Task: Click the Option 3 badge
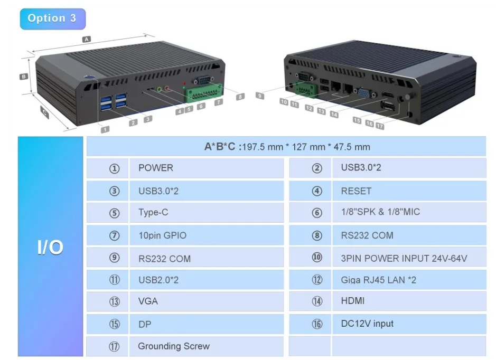(x=52, y=18)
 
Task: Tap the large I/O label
(x=51, y=247)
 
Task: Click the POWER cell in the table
(x=155, y=168)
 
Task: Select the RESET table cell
(x=356, y=191)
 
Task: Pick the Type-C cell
(x=153, y=213)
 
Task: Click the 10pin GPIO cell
(x=162, y=235)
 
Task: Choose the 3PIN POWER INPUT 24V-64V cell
(x=404, y=259)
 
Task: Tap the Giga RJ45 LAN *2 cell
(x=378, y=280)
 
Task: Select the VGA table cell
(x=148, y=301)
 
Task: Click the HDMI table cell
(x=353, y=301)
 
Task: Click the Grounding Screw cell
(x=174, y=346)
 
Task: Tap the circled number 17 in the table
(x=114, y=347)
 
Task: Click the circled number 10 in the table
(x=317, y=258)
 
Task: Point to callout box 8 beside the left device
(x=241, y=97)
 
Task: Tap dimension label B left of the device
(x=24, y=77)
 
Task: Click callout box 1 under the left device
(x=106, y=129)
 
